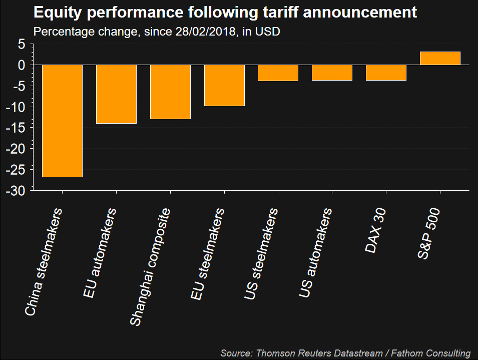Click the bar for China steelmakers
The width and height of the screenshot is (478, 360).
(62, 121)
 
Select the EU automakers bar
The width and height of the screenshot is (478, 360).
(116, 94)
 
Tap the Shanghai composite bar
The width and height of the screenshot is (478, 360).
(170, 92)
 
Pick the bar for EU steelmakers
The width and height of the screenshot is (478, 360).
(224, 85)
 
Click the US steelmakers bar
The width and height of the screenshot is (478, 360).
(278, 73)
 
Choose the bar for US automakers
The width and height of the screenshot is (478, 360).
(332, 73)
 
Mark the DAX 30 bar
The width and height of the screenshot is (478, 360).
(386, 73)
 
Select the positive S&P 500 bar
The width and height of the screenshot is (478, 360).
(440, 58)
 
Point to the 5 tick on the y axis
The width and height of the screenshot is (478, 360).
(22, 44)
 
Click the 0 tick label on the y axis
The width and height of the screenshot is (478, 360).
(22, 65)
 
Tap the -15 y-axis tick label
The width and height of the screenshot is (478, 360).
(15, 128)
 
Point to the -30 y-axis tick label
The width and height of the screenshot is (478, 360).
(15, 191)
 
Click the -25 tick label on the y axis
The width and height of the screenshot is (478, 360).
(15, 170)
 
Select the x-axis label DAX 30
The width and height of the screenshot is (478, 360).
(375, 230)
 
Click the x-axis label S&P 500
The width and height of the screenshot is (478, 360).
(428, 233)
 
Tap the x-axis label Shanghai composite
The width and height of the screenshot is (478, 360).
(150, 267)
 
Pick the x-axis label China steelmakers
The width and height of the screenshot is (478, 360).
(43, 262)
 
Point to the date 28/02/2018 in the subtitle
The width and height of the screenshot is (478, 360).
(206, 32)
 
